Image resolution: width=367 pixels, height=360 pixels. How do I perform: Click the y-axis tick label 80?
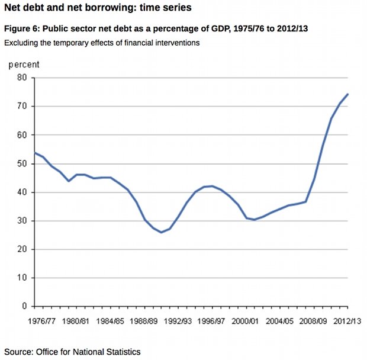point(22,78)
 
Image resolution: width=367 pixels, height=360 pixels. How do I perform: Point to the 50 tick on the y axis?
point(22,163)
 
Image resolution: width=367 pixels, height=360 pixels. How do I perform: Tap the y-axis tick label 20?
point(22,249)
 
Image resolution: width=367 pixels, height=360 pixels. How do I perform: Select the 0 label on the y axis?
point(24,306)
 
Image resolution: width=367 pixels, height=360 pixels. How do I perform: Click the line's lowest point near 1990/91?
point(161,232)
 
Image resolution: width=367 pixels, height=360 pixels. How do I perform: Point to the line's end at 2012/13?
point(347,94)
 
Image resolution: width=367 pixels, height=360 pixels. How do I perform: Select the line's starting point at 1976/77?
point(35,153)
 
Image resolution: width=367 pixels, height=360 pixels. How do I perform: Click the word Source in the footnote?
point(19,352)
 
